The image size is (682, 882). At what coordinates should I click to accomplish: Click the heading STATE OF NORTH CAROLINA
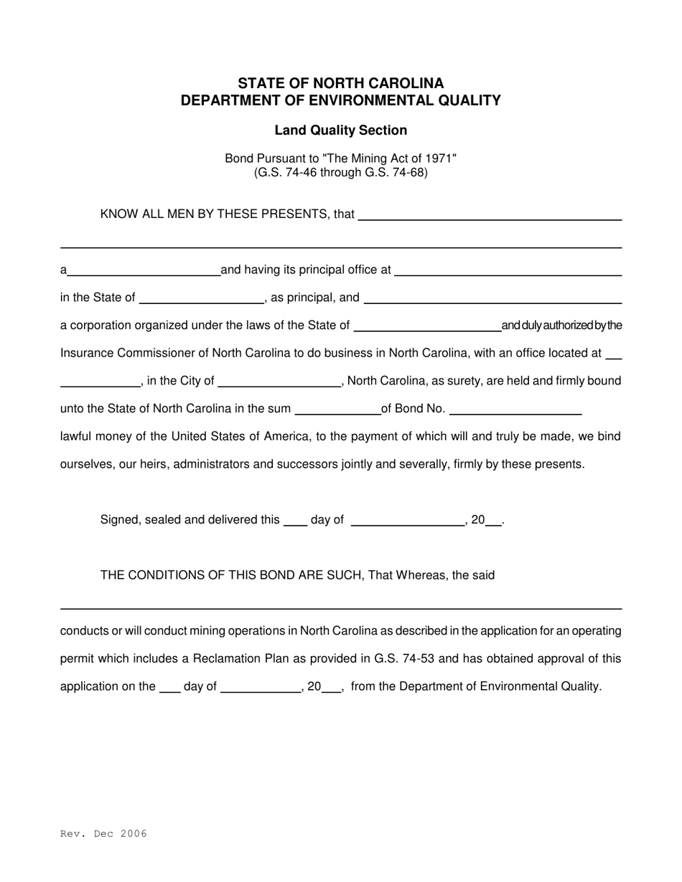340,83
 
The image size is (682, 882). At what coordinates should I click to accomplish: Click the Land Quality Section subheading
340,131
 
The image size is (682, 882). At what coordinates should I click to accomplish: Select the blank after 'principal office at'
508,270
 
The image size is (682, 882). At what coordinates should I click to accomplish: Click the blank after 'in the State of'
202,298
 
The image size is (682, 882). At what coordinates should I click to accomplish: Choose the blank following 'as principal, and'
492,298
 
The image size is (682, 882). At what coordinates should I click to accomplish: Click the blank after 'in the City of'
279,381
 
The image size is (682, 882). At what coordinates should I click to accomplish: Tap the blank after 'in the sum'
337,409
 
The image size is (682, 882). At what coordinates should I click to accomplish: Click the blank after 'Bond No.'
515,409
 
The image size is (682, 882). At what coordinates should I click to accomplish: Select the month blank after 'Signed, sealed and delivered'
408,521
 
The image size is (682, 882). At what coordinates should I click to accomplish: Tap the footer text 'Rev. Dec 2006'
103,833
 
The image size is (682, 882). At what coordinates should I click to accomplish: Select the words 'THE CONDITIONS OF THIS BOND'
194,575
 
